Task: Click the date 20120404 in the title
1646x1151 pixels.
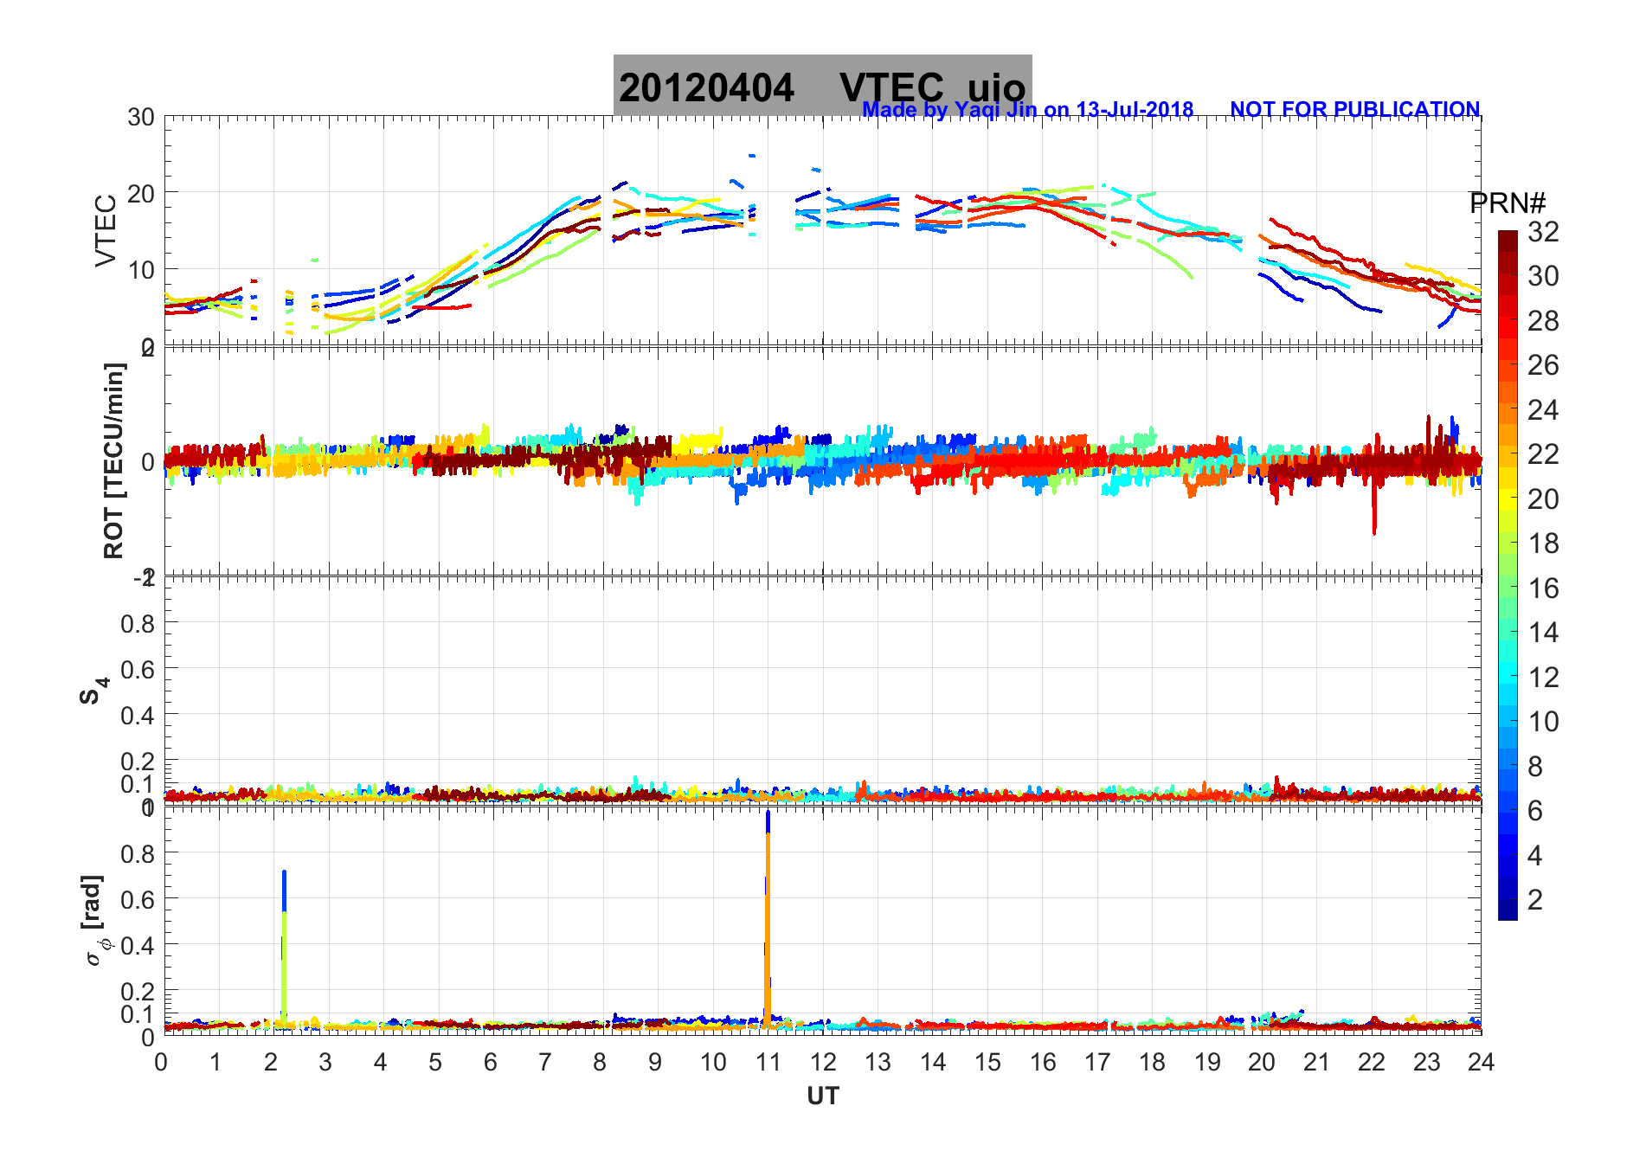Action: click(x=706, y=88)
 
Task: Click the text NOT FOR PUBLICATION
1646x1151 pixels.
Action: click(x=1354, y=110)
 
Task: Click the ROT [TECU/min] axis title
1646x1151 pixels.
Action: click(x=114, y=460)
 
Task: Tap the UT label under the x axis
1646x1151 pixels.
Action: click(x=822, y=1096)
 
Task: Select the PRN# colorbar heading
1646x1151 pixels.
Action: click(x=1507, y=203)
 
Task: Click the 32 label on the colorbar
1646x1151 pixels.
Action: click(x=1543, y=232)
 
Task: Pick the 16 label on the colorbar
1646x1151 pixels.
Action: click(x=1543, y=588)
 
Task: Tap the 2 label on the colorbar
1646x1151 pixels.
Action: click(x=1535, y=900)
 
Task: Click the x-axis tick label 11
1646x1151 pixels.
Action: click(x=768, y=1063)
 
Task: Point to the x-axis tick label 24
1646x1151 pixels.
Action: click(x=1481, y=1063)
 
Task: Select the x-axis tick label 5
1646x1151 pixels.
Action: click(x=435, y=1063)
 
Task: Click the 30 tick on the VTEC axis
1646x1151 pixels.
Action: click(x=141, y=118)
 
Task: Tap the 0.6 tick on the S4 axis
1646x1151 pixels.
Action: click(x=138, y=669)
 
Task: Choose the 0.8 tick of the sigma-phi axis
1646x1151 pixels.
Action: click(x=138, y=853)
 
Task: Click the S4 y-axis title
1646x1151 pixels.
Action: click(x=93, y=690)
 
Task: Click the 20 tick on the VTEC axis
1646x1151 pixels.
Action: click(x=141, y=193)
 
